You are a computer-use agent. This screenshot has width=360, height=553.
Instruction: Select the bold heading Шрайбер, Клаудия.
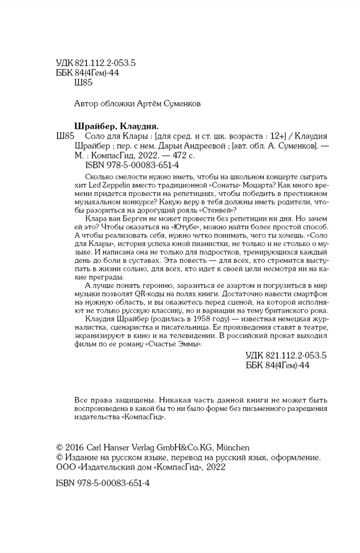(x=117, y=126)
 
